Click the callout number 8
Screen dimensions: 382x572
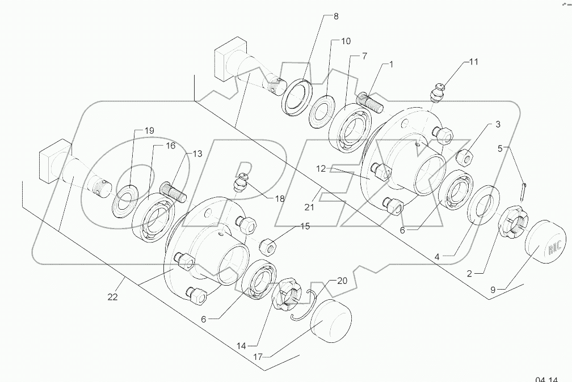pos(335,16)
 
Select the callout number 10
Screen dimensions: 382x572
pos(346,41)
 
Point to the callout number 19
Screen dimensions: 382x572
pos(149,130)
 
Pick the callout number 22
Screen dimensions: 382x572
pos(112,297)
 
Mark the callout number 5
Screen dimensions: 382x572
pos(500,149)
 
